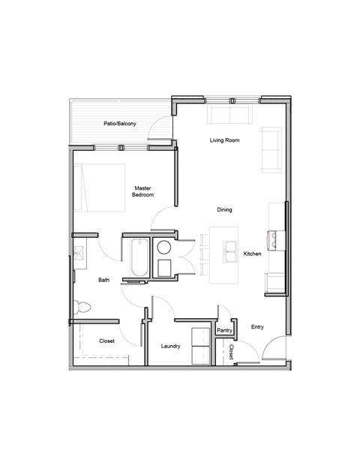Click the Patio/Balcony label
[120, 124]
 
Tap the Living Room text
[224, 140]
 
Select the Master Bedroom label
[143, 191]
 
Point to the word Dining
[225, 210]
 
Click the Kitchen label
[253, 254]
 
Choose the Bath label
[104, 280]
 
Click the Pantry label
[224, 330]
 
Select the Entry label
[257, 326]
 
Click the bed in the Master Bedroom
[99, 186]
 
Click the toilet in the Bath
[82, 306]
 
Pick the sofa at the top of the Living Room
[229, 114]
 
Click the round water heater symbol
[165, 247]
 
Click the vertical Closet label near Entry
[232, 351]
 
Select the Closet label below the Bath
[106, 341]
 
